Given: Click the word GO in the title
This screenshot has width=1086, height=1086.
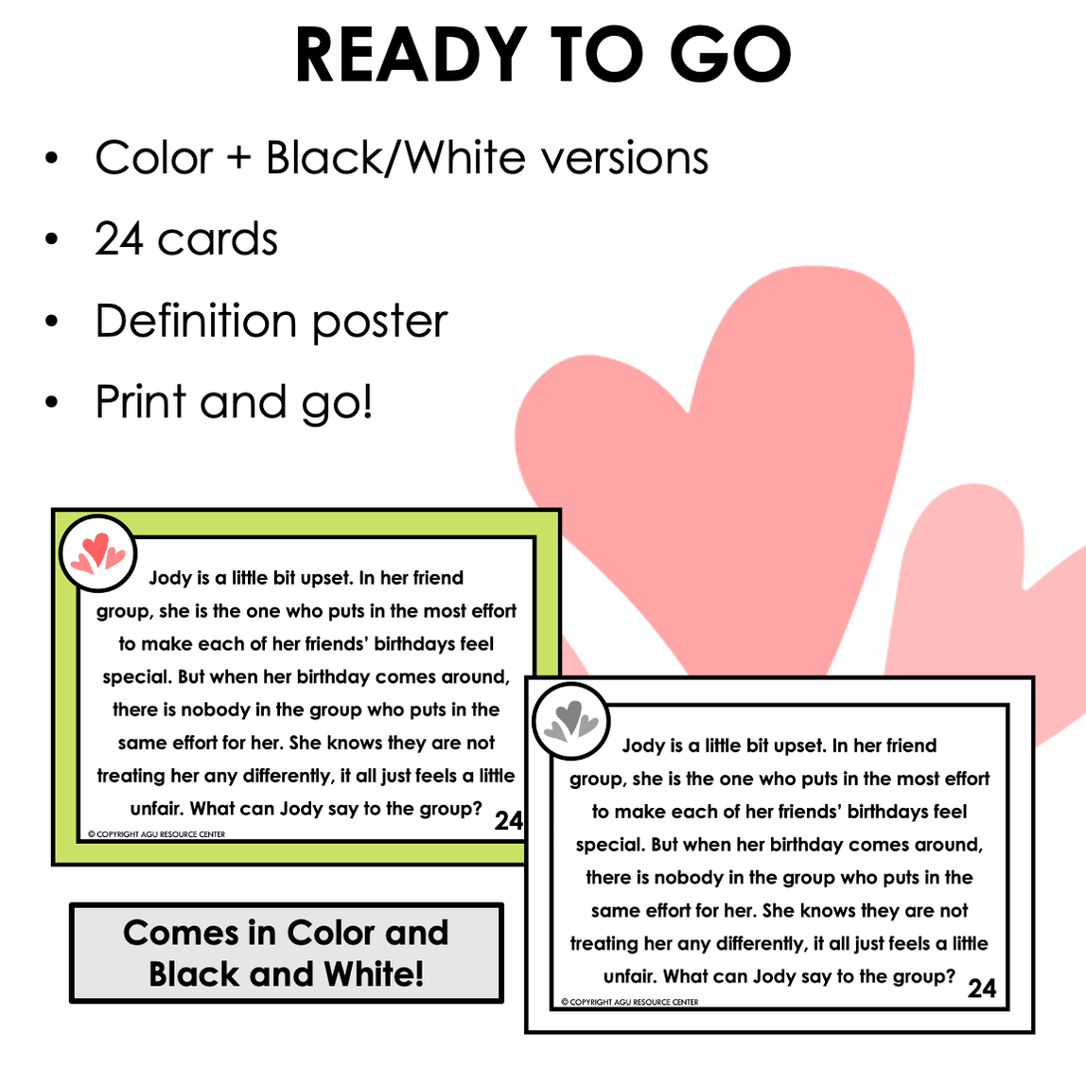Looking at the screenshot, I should pyautogui.click(x=736, y=55).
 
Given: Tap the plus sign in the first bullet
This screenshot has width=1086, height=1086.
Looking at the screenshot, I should pyautogui.click(x=239, y=158).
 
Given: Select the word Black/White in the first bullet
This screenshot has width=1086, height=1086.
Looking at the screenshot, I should pyautogui.click(x=396, y=158).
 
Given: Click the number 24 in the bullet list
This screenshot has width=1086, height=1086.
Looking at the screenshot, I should pyautogui.click(x=119, y=239).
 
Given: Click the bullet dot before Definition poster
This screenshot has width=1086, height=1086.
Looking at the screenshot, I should pyautogui.click(x=51, y=322).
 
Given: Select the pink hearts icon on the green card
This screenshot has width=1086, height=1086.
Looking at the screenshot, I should pyautogui.click(x=98, y=554).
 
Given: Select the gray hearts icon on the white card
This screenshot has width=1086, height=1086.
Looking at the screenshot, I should pyautogui.click(x=571, y=722).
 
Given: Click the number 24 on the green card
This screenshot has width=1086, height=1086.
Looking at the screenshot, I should pyautogui.click(x=508, y=820).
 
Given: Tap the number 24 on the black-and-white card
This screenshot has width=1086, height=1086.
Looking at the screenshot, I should pyautogui.click(x=982, y=989).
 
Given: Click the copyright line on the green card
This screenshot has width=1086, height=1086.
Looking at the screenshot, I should pyautogui.click(x=157, y=834).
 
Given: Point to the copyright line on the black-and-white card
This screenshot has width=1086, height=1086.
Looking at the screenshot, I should pyautogui.click(x=630, y=1002).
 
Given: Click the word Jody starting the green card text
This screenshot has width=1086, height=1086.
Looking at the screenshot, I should pyautogui.click(x=169, y=578).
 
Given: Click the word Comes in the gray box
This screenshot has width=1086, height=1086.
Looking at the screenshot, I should pyautogui.click(x=181, y=934).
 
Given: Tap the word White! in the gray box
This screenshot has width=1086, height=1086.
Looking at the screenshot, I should pyautogui.click(x=375, y=974).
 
